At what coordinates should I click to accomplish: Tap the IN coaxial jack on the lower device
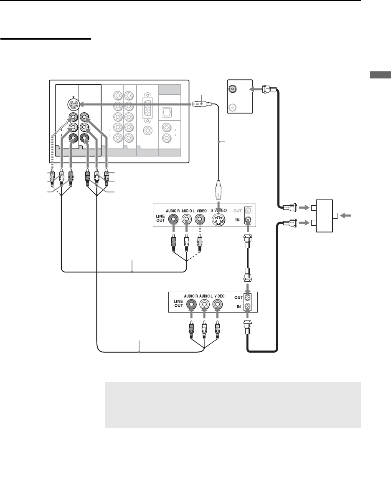pos(248,307)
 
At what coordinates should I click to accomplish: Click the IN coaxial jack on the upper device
pos(248,219)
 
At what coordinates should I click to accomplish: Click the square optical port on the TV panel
pos(167,112)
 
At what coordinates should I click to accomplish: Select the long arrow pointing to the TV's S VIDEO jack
pos(134,104)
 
